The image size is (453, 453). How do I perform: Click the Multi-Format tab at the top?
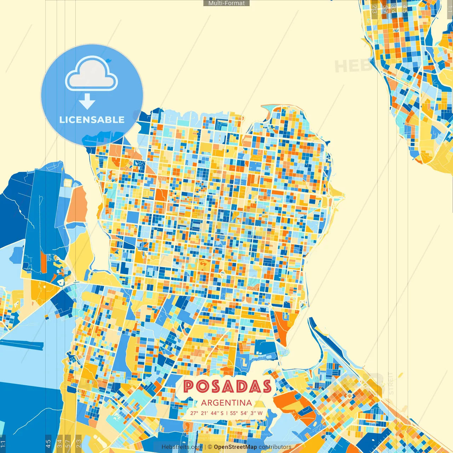click(x=226, y=3)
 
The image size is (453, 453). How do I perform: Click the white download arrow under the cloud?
click(x=87, y=102)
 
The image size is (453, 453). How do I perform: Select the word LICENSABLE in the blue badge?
click(x=92, y=120)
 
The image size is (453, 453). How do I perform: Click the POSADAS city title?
click(x=227, y=386)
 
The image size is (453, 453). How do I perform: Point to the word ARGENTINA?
click(x=226, y=403)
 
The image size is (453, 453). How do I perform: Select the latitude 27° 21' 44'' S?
click(x=207, y=413)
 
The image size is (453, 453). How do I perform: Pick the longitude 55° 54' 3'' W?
click(x=246, y=413)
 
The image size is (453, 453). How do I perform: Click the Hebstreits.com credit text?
click(x=182, y=447)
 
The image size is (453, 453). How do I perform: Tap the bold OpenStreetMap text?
click(x=235, y=447)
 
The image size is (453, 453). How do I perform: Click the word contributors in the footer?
click(x=275, y=447)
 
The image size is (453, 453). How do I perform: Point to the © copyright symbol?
click(x=210, y=447)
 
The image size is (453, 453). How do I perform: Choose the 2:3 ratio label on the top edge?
click(x=375, y=8)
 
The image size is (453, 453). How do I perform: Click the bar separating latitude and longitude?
click(x=227, y=413)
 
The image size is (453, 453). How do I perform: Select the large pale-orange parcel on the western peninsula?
click(x=78, y=203)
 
